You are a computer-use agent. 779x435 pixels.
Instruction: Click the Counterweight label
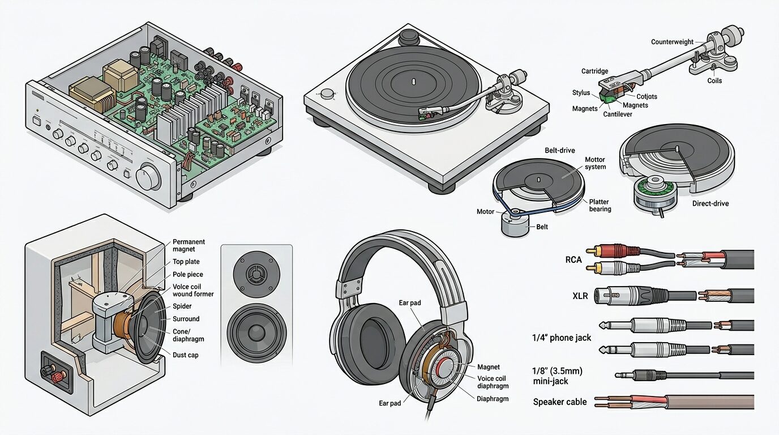[672, 42]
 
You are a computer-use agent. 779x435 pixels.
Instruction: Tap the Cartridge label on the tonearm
[594, 71]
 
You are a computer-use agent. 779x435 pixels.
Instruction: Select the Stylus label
[581, 92]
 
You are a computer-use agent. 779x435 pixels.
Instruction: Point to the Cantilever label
[618, 114]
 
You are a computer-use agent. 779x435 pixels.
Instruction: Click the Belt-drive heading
[559, 150]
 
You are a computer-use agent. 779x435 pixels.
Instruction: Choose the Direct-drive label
[710, 203]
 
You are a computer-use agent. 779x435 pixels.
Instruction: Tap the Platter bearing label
[600, 205]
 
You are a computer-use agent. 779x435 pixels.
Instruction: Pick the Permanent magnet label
[189, 245]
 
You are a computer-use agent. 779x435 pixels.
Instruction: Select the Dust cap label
[185, 355]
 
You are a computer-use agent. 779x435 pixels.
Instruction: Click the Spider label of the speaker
[182, 306]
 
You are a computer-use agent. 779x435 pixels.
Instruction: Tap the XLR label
[580, 296]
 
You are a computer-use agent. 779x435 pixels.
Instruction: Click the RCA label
[573, 259]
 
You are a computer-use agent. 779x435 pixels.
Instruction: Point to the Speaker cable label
[559, 402]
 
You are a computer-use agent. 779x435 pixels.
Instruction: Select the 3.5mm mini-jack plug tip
[617, 375]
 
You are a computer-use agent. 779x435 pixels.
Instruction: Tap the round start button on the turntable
[327, 93]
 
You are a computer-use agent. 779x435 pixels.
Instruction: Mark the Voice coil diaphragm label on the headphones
[493, 382]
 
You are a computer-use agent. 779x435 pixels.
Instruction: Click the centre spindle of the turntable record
[413, 82]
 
